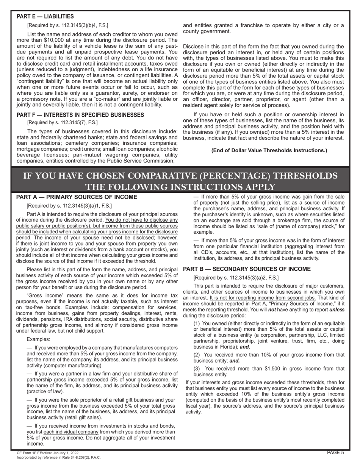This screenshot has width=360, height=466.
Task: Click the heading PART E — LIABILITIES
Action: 45,16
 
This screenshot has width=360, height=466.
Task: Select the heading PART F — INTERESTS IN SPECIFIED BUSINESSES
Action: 80,115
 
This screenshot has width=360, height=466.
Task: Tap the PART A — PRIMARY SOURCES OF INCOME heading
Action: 77,197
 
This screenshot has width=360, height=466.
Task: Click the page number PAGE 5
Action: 335,452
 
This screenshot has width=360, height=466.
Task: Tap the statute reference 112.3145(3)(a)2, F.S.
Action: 241,278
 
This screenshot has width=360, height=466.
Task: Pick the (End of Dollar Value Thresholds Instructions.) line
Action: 269,150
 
